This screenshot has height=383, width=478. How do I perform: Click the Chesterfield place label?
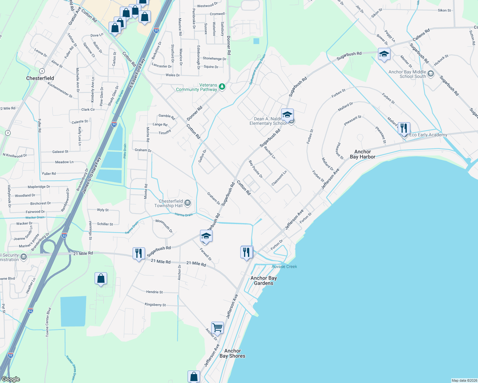tap(40, 78)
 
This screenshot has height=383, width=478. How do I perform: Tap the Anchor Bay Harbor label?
tap(362, 154)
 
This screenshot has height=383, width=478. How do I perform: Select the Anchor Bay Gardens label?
tap(264, 281)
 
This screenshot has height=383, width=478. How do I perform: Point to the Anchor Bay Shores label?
tap(232, 353)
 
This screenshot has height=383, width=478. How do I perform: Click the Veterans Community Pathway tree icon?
tap(222, 86)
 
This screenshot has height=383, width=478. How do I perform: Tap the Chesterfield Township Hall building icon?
tap(188, 203)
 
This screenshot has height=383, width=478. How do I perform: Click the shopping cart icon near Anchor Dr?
tap(217, 327)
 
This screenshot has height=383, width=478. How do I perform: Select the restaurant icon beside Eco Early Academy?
tap(404, 128)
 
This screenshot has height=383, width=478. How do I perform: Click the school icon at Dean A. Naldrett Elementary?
tap(287, 115)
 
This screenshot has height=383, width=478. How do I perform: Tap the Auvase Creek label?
tap(284, 267)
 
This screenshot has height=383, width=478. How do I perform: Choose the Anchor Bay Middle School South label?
tap(407, 74)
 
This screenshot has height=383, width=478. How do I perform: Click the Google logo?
tap(11, 379)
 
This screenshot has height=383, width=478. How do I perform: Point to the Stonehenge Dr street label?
tap(214, 58)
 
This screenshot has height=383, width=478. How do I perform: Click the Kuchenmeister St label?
tap(60, 90)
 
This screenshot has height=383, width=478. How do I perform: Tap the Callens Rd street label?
tap(421, 35)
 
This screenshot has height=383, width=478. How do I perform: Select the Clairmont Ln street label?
tap(279, 178)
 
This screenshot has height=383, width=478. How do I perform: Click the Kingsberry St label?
tap(155, 305)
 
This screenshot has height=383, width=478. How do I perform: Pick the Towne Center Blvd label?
tap(48, 322)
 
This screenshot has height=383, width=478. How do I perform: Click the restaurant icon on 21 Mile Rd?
tap(139, 253)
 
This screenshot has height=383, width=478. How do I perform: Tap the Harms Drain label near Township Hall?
tap(184, 215)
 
